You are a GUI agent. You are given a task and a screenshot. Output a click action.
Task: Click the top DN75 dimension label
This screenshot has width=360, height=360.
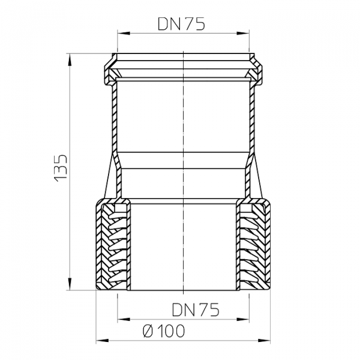(x=181, y=24)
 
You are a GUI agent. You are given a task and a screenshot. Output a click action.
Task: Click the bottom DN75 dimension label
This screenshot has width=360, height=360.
(x=196, y=310)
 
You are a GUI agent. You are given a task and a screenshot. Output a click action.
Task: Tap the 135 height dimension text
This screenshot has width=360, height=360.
(x=61, y=168)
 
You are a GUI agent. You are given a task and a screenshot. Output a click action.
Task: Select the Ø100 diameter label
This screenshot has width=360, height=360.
(x=164, y=331)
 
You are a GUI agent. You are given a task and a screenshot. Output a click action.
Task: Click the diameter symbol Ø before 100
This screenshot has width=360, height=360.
(x=148, y=331)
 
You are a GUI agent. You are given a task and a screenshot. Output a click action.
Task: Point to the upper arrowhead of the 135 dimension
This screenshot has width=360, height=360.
(x=70, y=59)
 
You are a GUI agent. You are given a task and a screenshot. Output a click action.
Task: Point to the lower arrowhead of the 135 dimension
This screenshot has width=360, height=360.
(x=70, y=284)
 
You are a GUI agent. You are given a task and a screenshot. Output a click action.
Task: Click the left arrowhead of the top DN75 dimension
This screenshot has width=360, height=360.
(x=124, y=33)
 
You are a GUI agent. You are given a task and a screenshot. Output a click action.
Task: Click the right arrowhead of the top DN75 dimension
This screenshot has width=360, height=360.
(x=243, y=33)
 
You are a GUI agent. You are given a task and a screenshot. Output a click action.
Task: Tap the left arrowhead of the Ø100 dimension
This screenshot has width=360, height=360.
(x=102, y=340)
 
